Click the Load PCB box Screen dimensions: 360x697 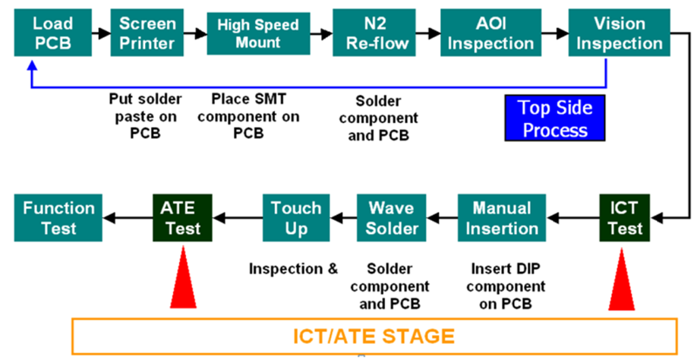click(x=52, y=33)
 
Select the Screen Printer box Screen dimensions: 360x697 click(x=147, y=33)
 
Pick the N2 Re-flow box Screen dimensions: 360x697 click(x=367, y=33)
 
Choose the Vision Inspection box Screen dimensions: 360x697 click(x=610, y=33)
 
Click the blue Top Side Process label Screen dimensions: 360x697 click(x=555, y=118)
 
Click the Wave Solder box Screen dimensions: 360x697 click(x=393, y=217)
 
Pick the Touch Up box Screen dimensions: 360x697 click(x=296, y=217)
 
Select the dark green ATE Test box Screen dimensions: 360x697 click(x=183, y=217)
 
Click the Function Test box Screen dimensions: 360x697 click(x=58, y=217)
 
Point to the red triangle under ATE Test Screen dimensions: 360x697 click(x=185, y=284)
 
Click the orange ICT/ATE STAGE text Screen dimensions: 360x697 click(x=374, y=335)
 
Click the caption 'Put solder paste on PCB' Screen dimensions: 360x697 click(x=143, y=115)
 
